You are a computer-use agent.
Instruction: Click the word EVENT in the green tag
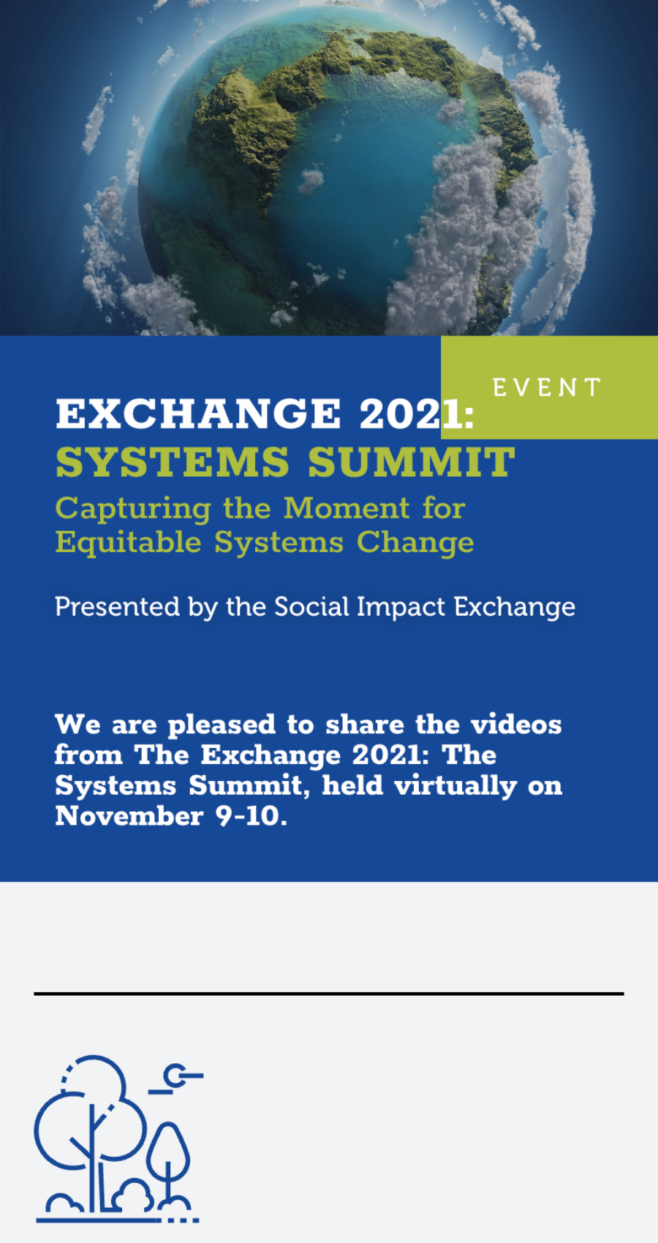[x=547, y=388]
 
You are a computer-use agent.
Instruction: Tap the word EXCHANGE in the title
[x=199, y=414]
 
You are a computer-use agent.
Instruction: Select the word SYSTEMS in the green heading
[x=173, y=463]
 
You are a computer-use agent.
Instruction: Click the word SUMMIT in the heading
[x=412, y=463]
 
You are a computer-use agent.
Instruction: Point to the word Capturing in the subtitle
[x=133, y=509]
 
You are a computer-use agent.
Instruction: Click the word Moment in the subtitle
[x=347, y=508]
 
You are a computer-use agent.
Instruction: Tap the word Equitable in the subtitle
[x=128, y=543]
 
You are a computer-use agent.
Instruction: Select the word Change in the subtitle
[x=415, y=543]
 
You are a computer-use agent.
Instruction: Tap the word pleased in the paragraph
[x=222, y=725]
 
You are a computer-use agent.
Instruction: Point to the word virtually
[x=455, y=786]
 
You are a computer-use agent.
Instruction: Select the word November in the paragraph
[x=129, y=816]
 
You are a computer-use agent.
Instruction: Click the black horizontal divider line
[x=329, y=994]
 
